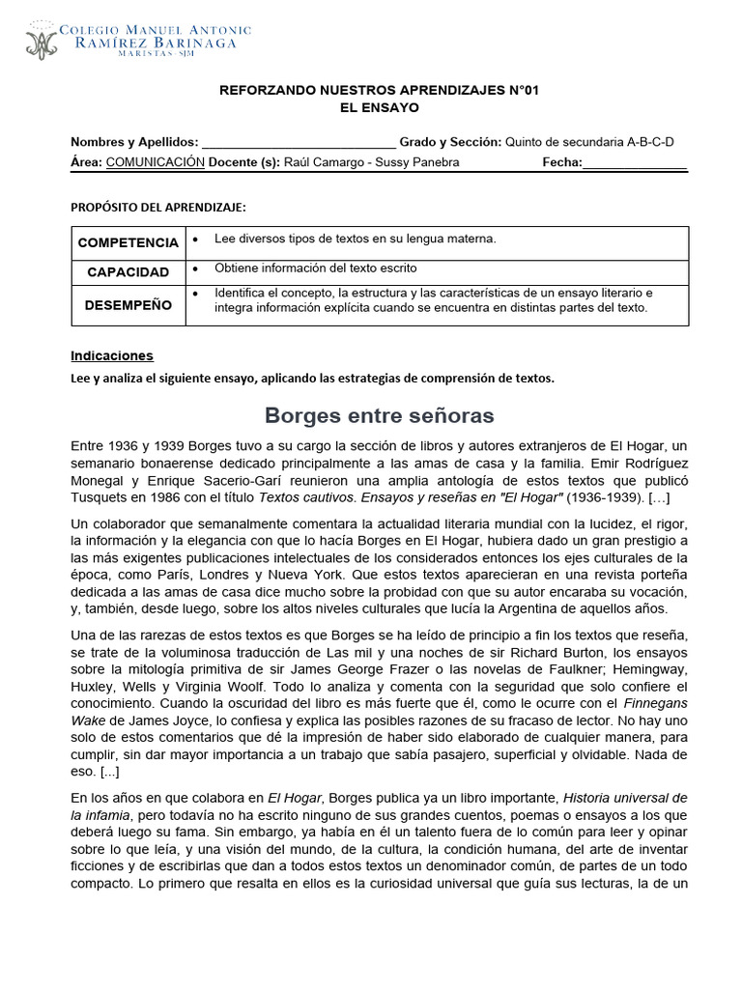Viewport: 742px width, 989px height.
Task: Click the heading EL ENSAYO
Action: (x=380, y=108)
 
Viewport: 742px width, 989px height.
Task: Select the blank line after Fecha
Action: (x=635, y=162)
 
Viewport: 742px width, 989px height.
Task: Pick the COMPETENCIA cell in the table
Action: (x=128, y=242)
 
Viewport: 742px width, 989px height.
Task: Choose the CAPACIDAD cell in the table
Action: (x=128, y=272)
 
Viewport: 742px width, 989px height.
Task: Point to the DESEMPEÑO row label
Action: (x=128, y=305)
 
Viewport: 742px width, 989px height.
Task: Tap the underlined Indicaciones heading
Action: (x=112, y=355)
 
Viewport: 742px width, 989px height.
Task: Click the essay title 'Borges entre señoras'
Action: (x=380, y=416)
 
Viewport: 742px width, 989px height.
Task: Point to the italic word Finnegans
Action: (x=656, y=704)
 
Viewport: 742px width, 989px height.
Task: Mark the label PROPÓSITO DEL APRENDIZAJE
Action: (x=158, y=208)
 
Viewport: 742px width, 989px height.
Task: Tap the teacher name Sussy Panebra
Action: (x=422, y=162)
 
